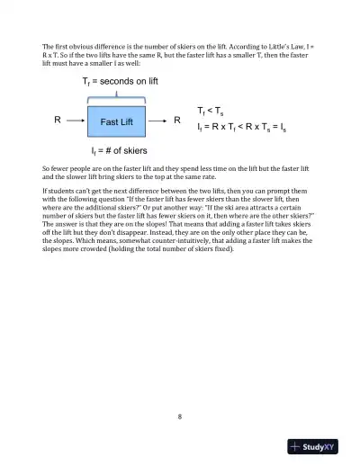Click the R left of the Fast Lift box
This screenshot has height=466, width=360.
(x=58, y=121)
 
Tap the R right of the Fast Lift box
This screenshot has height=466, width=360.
(x=177, y=121)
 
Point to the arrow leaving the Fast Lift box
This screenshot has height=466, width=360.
(x=158, y=121)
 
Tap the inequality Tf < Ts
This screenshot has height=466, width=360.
(x=211, y=111)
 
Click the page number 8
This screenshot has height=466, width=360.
(x=180, y=416)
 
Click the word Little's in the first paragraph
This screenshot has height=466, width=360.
(x=278, y=45)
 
